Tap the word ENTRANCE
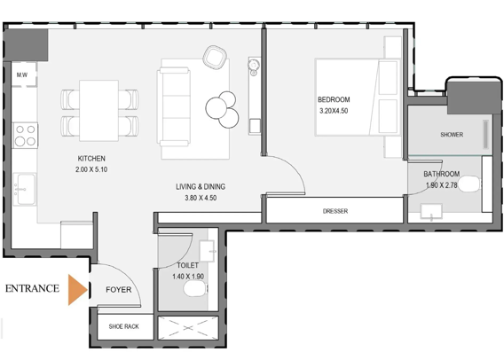coord(33,289)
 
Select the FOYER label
coord(119,290)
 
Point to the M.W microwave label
coord(21,75)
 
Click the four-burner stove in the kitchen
coord(25,135)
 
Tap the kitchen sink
coord(22,187)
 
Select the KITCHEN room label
coord(91,159)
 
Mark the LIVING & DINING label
coord(201,186)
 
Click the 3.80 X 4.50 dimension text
coord(201,199)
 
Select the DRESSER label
coord(335,211)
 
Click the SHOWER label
coord(452,135)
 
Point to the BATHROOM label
coord(441,174)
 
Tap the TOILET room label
coord(186,264)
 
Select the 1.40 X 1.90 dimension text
coord(187,277)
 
